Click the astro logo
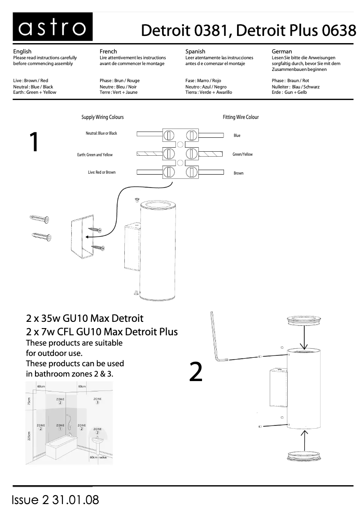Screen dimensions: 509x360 pos(53,27)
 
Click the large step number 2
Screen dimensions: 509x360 pos(196,372)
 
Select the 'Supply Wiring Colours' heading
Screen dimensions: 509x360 pos(102,117)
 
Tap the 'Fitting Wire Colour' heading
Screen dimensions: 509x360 pos(241,117)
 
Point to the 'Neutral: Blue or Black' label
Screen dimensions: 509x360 pos(101,133)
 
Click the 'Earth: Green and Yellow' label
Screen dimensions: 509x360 pos(95,155)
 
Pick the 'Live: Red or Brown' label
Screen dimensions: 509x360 pos(101,172)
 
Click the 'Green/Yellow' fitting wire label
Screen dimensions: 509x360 pos(242,154)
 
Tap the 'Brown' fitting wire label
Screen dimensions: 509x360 pos(238,173)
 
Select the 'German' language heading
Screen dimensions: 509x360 pos(282,52)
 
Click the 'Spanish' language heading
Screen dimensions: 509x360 pos(195,52)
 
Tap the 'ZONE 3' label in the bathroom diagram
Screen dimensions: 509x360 pos(97,400)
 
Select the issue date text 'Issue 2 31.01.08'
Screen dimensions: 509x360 pos(56,500)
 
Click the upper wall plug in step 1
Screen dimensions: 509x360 pos(40,219)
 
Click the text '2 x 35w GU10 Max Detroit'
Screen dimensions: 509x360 pos(85,319)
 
